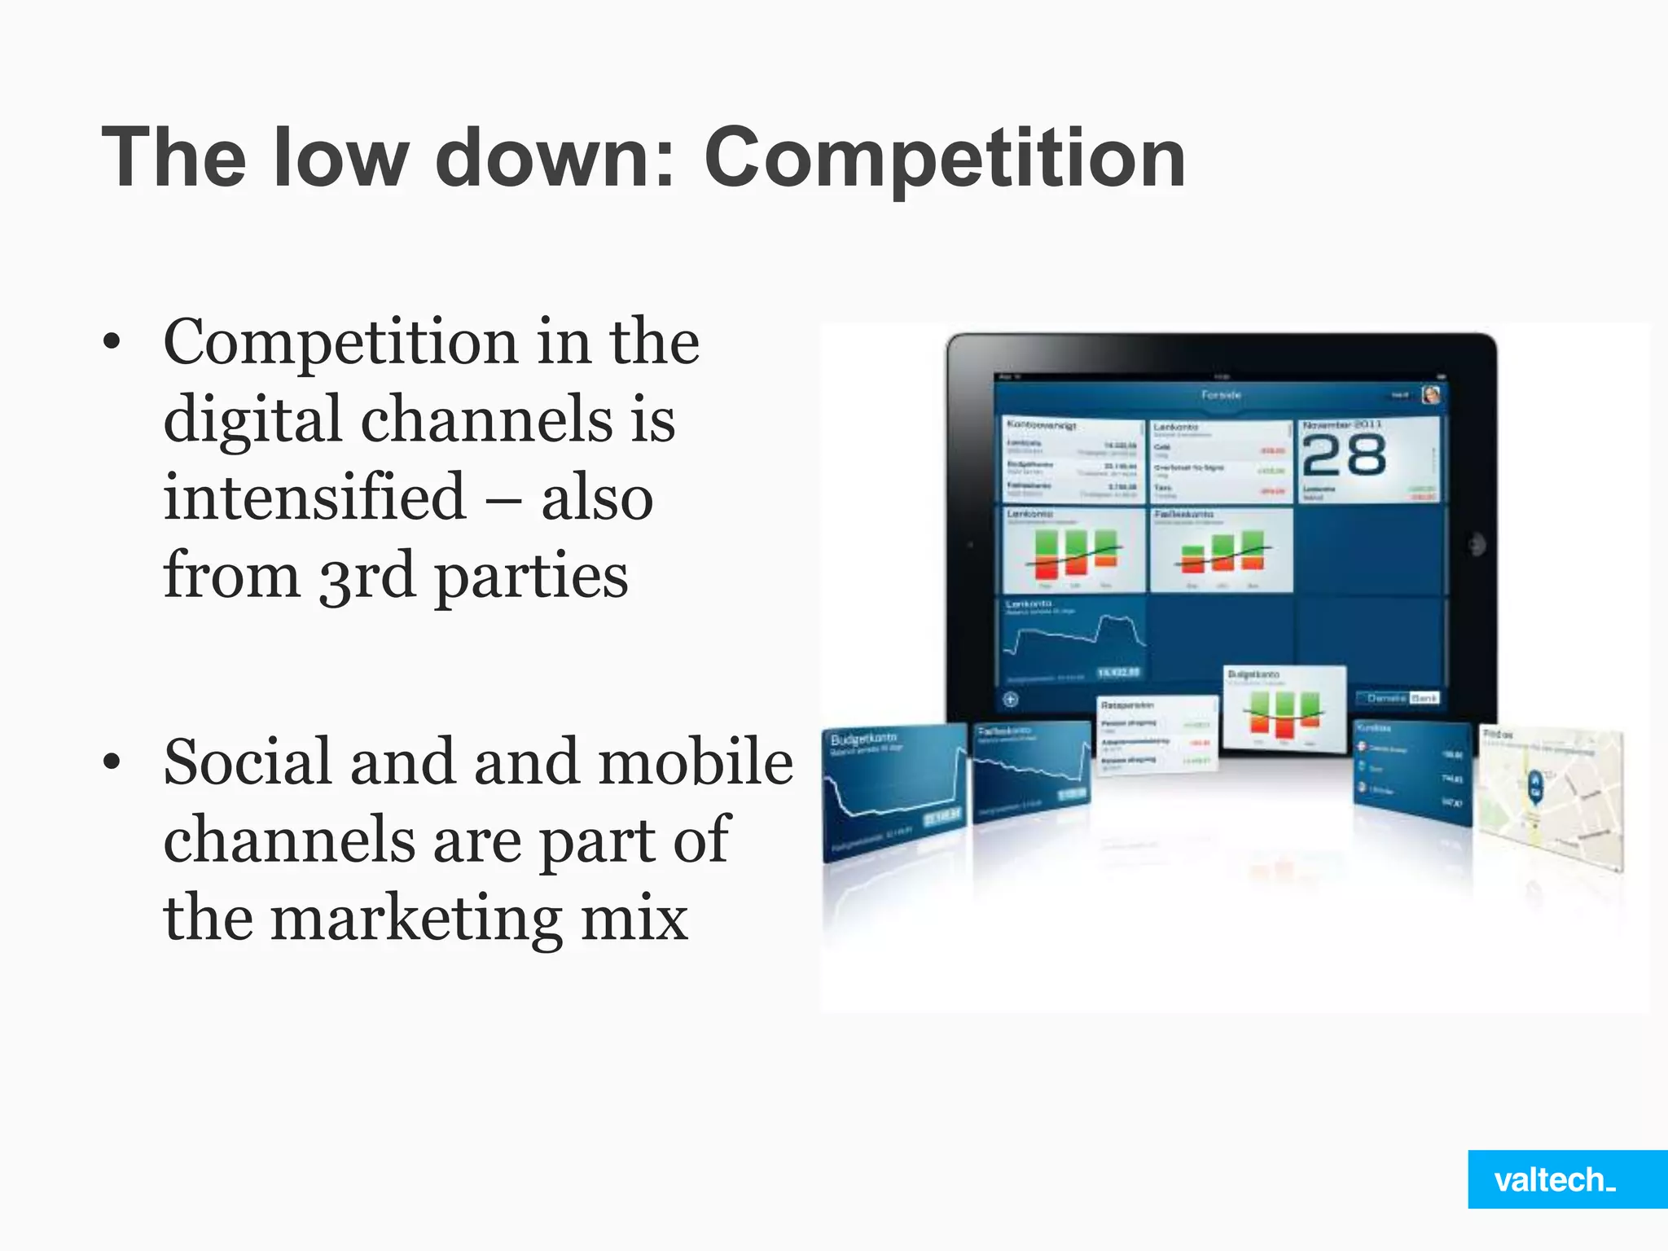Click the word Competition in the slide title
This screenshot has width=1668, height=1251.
pyautogui.click(x=945, y=158)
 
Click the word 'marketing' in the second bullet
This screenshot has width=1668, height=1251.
pyautogui.click(x=415, y=919)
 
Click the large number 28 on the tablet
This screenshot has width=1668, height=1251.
pyautogui.click(x=1345, y=455)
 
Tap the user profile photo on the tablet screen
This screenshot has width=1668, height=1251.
pyautogui.click(x=1431, y=395)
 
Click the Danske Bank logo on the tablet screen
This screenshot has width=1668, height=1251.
pyautogui.click(x=1398, y=698)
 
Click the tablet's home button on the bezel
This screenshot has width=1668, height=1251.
pyautogui.click(x=1475, y=545)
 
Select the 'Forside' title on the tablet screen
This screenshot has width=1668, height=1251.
pyautogui.click(x=1221, y=395)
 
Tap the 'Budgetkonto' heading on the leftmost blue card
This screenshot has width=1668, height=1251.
pyautogui.click(x=863, y=739)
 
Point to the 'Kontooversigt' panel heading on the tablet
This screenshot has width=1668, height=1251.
pyautogui.click(x=1042, y=425)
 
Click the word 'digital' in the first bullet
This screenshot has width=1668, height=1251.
pyautogui.click(x=252, y=419)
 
